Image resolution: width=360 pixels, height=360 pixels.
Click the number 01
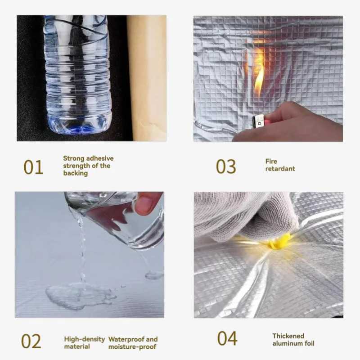point(33,167)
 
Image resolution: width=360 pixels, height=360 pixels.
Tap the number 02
point(31,342)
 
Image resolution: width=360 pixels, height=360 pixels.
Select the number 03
point(226,166)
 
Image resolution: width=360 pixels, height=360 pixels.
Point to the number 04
point(227,338)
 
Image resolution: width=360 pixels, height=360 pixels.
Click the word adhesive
point(100,158)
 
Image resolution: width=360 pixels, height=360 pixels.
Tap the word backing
point(76,173)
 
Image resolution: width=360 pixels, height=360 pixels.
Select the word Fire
point(271,162)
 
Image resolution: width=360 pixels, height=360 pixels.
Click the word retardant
point(280,169)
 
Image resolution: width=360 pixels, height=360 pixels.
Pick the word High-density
point(85,339)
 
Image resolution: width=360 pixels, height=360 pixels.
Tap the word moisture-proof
point(132,346)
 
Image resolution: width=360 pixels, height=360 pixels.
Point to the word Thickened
point(288,336)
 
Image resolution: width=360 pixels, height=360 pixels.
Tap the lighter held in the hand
point(261,121)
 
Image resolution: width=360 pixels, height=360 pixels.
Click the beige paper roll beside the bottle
point(147,78)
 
